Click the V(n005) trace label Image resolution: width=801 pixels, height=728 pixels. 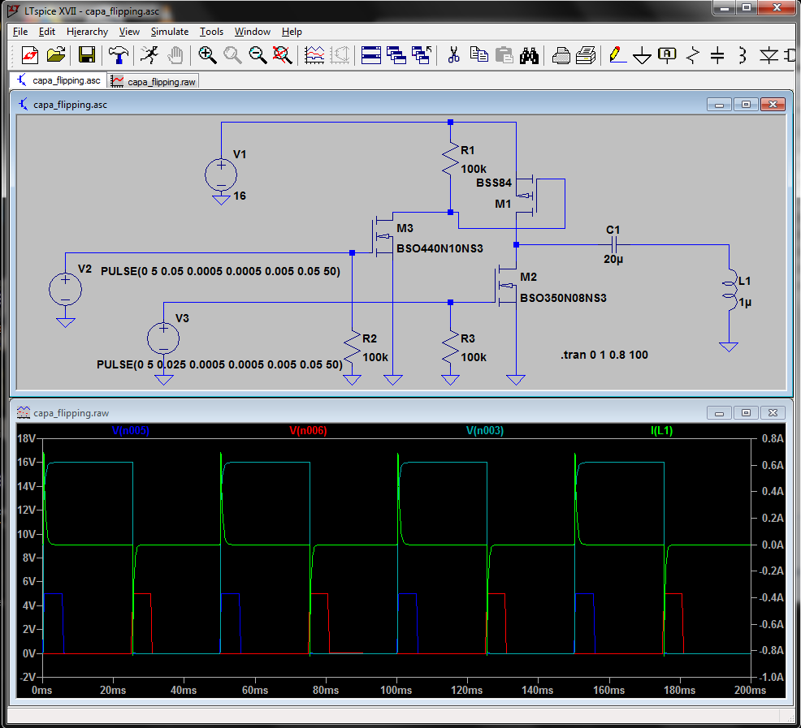[x=130, y=430]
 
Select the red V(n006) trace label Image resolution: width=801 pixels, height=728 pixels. [x=308, y=430]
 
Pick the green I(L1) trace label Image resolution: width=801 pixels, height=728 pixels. [x=661, y=430]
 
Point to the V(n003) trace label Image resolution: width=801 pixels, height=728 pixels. [x=485, y=430]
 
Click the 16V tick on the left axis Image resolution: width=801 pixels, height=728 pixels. [x=27, y=462]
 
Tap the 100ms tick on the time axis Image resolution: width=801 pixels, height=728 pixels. [x=396, y=690]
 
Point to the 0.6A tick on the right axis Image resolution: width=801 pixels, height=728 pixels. [x=773, y=465]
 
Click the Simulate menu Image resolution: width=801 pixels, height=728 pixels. [x=170, y=32]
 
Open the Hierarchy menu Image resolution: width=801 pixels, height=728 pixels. [x=88, y=32]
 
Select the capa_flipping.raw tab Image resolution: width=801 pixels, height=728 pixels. [x=154, y=82]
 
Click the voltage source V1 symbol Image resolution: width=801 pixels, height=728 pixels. [x=221, y=175]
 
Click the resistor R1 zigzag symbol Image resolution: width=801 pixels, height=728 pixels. [x=450, y=159]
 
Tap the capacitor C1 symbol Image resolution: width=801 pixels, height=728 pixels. [x=614, y=244]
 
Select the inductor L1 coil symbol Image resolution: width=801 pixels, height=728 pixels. [x=730, y=290]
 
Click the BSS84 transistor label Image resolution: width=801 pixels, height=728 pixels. [x=493, y=183]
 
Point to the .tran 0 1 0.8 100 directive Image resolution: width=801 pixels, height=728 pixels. [x=604, y=355]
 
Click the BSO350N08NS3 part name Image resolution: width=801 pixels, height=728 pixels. [x=563, y=298]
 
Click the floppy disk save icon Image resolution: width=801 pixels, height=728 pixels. [x=87, y=54]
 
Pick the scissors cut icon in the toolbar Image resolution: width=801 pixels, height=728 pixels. [x=453, y=54]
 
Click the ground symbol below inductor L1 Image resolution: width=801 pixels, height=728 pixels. [x=729, y=347]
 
